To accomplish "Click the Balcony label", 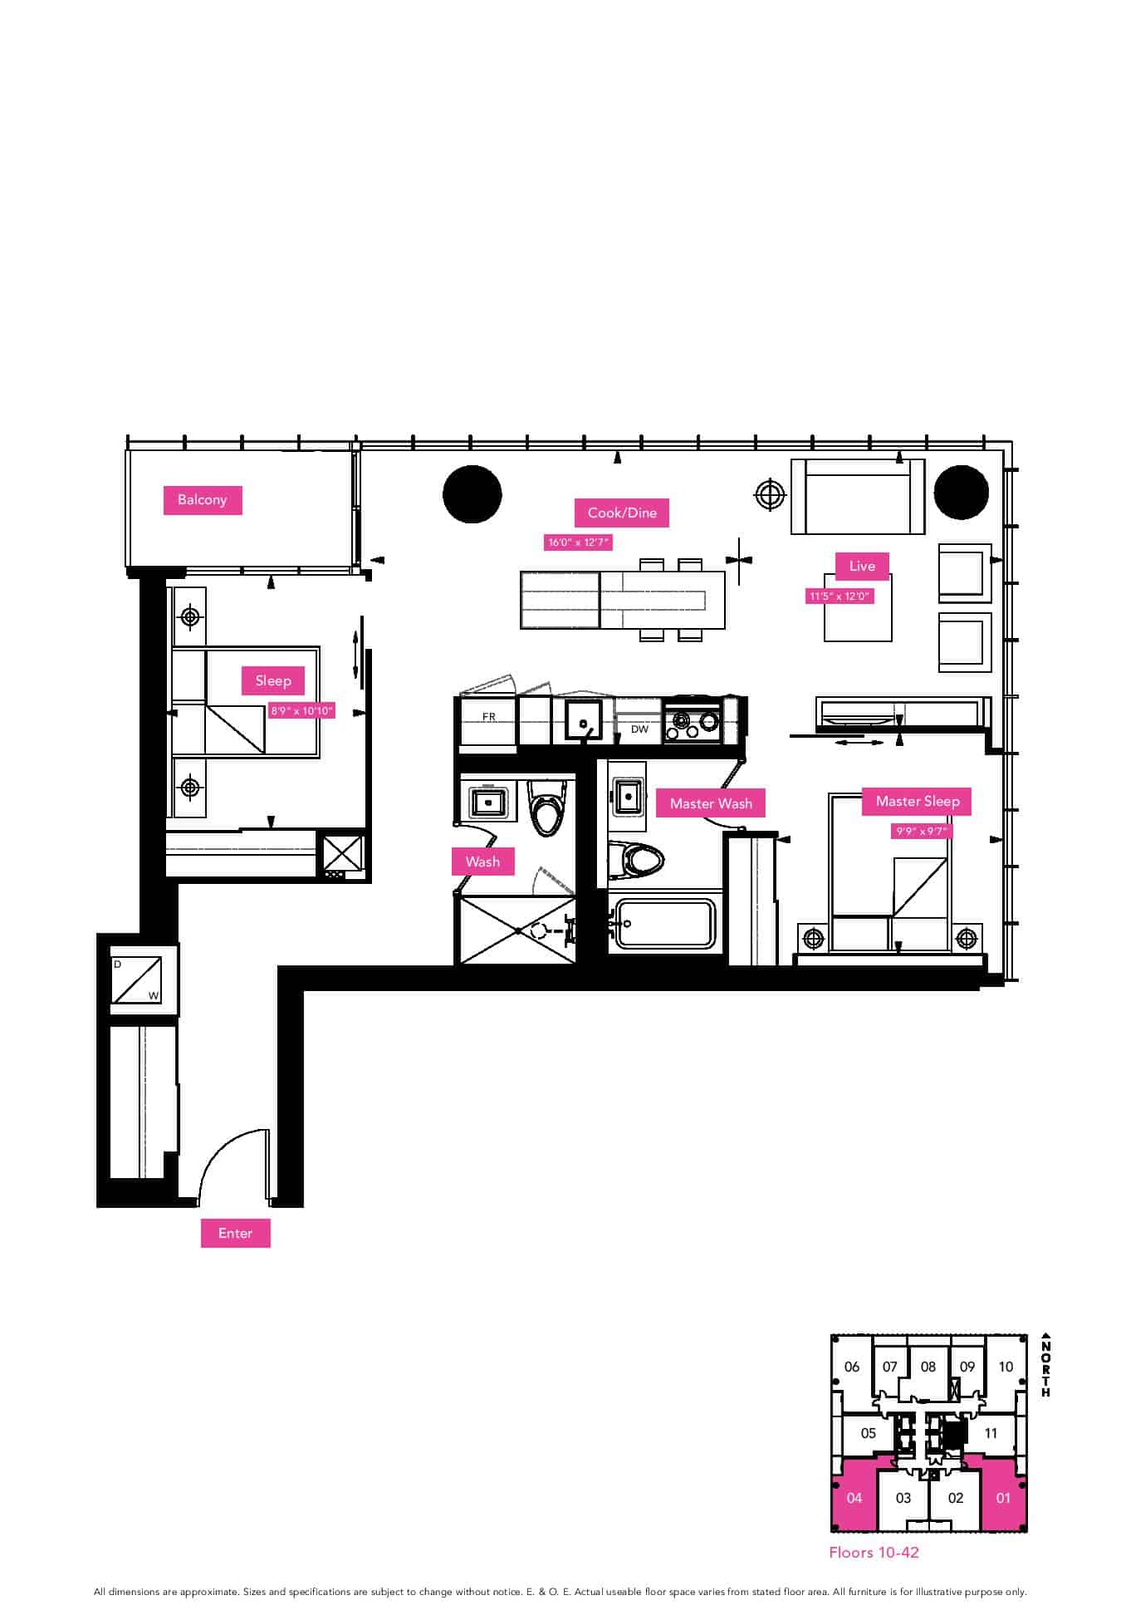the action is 202,500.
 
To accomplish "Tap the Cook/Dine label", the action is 622,513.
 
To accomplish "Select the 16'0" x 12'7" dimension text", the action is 579,542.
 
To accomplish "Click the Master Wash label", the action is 711,803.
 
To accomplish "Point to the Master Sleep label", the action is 918,801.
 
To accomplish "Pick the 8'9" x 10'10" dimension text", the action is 302,711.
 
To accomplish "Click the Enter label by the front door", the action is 235,1233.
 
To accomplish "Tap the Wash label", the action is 482,862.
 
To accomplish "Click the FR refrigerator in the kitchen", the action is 488,720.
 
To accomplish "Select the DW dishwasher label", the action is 639,729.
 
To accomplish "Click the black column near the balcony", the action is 472,493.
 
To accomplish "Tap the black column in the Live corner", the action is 961,492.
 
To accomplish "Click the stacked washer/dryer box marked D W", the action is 136,979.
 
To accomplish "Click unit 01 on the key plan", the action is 1003,1497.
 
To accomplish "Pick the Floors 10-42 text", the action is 874,1552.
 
